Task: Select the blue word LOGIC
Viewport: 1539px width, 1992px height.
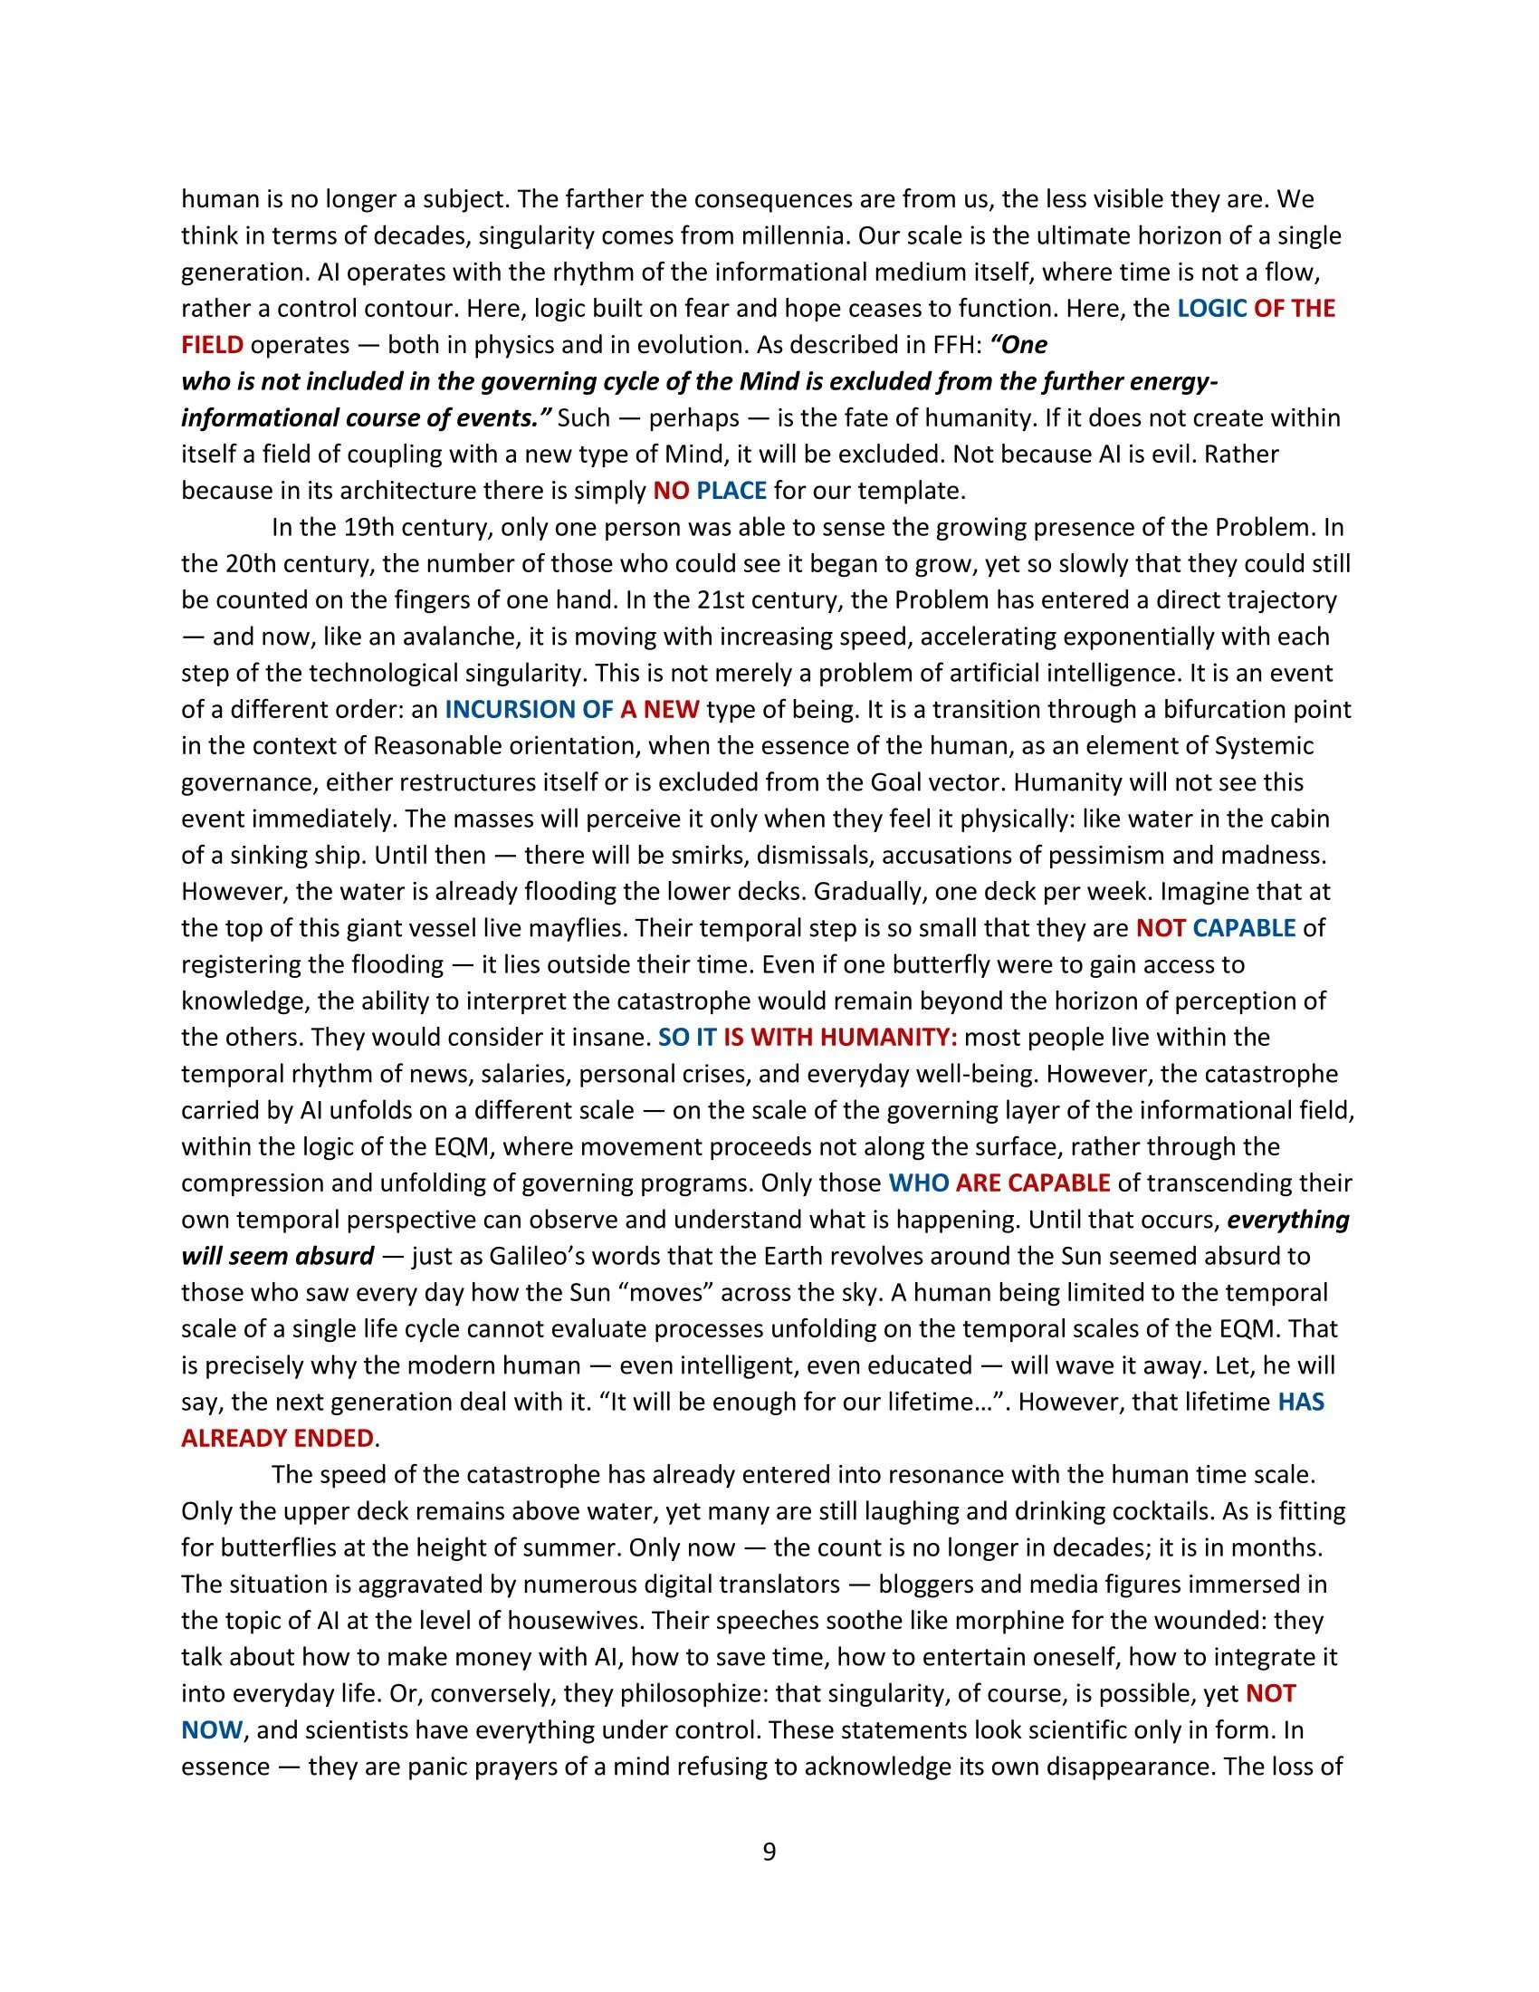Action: [x=1211, y=308]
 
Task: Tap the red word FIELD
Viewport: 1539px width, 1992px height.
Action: [x=213, y=345]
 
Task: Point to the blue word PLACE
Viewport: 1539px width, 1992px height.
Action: [x=731, y=491]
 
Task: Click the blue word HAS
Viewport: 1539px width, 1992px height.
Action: [x=1301, y=1402]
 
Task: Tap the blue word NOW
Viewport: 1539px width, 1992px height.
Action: [x=212, y=1730]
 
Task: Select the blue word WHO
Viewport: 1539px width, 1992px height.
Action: [x=919, y=1183]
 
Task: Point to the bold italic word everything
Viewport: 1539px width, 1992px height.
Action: [x=1288, y=1220]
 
